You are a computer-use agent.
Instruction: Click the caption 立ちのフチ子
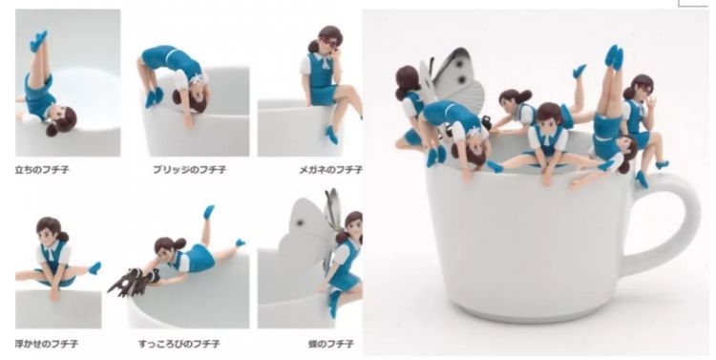(42, 169)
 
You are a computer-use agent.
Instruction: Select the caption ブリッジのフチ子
(190, 169)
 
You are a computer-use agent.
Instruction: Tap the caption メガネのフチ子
(330, 170)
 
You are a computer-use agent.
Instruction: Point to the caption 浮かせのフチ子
(46, 343)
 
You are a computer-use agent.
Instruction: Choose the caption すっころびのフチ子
(179, 344)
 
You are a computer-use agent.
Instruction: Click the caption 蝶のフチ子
(330, 344)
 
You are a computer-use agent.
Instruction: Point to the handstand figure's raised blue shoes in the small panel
(38, 40)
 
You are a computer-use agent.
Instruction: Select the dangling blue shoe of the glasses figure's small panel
(332, 135)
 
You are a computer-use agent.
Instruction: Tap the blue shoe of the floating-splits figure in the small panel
(95, 268)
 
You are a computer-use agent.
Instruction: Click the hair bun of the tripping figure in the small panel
(179, 244)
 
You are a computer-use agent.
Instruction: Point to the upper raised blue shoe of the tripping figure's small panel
(208, 212)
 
